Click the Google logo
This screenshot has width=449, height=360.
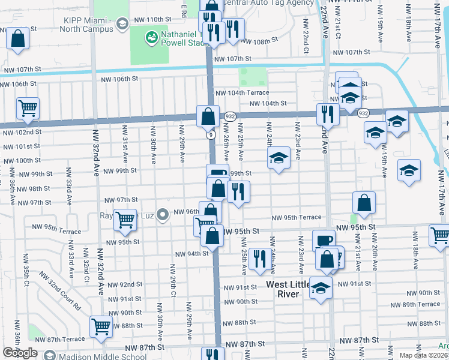[x=20, y=353]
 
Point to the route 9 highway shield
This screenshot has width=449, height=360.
[x=211, y=135]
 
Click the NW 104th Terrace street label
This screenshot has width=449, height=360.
[x=242, y=93]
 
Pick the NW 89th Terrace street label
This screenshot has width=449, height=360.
[x=421, y=304]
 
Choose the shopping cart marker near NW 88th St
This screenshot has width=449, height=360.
[x=101, y=326]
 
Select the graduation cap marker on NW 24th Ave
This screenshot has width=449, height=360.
[x=278, y=159]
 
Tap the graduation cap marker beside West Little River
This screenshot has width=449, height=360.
[x=321, y=288]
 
